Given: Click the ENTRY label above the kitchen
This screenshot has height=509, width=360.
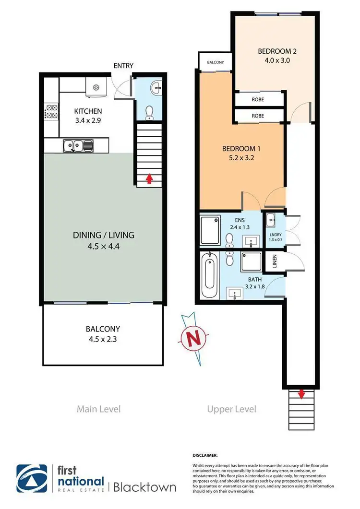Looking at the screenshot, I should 123,66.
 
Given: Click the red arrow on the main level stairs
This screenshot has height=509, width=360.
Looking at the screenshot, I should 149,179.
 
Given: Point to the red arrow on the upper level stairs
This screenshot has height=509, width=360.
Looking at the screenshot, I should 301,394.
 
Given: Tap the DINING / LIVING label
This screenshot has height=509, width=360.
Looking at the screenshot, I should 103,235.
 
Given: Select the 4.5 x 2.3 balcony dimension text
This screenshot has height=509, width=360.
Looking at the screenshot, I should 103,340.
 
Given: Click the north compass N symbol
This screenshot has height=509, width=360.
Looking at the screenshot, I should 194,338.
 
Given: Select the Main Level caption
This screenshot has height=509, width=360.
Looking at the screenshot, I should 98,409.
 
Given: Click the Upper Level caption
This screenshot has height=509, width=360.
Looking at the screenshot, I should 231,409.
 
